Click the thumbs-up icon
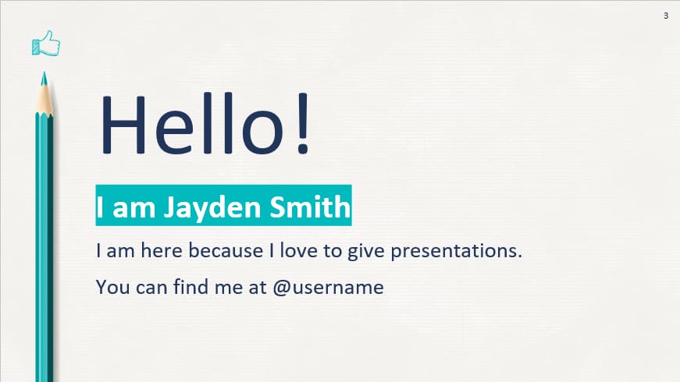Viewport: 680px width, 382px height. tap(45, 44)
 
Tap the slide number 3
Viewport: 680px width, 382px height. tap(666, 16)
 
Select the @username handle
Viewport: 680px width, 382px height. tap(328, 287)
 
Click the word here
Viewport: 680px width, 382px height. tap(162, 251)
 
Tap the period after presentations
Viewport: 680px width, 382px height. tap(519, 257)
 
